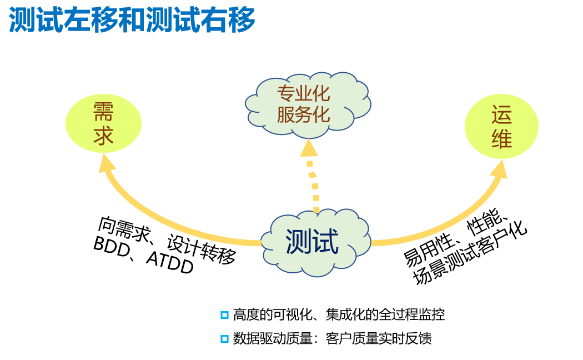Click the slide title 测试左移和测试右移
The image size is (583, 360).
coord(132,21)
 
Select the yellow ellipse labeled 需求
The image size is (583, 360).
coord(104,123)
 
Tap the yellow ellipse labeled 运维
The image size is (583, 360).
coord(501,127)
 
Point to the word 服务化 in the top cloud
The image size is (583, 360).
coord(304,114)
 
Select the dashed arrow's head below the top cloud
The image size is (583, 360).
coord(309,147)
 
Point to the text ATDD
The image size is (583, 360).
coord(169,262)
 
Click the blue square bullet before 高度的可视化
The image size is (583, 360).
coord(224,315)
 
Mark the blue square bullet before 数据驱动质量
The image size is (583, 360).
coord(224,338)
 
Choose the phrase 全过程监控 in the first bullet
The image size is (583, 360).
coord(411,315)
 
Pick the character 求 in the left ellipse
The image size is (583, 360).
coord(104,135)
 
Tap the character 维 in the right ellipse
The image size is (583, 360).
coord(501,139)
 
